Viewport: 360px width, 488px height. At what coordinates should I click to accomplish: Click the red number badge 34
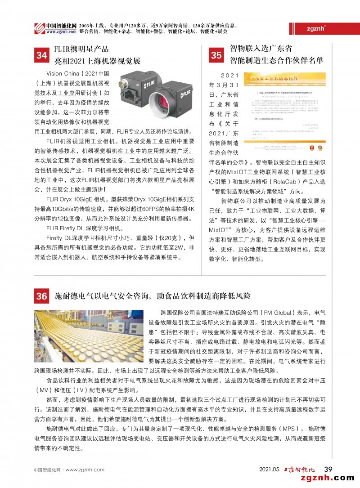tap(42, 55)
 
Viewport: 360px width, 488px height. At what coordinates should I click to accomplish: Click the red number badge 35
tap(216, 55)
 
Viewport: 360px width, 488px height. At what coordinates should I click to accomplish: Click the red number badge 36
tap(42, 296)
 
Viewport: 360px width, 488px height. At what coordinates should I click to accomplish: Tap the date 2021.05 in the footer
tap(269, 470)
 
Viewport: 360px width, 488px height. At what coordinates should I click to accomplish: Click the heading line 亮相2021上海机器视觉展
tap(97, 61)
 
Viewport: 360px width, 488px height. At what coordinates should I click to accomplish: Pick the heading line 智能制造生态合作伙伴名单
tap(276, 59)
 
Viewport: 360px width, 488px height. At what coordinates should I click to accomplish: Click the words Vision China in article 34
tap(63, 73)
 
